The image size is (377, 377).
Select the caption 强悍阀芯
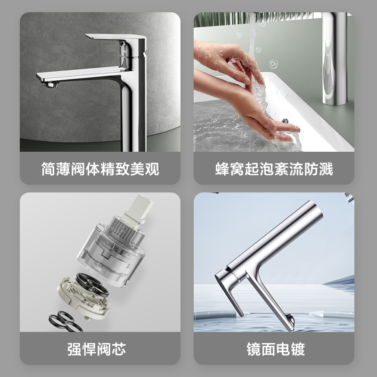pos(100,349)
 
